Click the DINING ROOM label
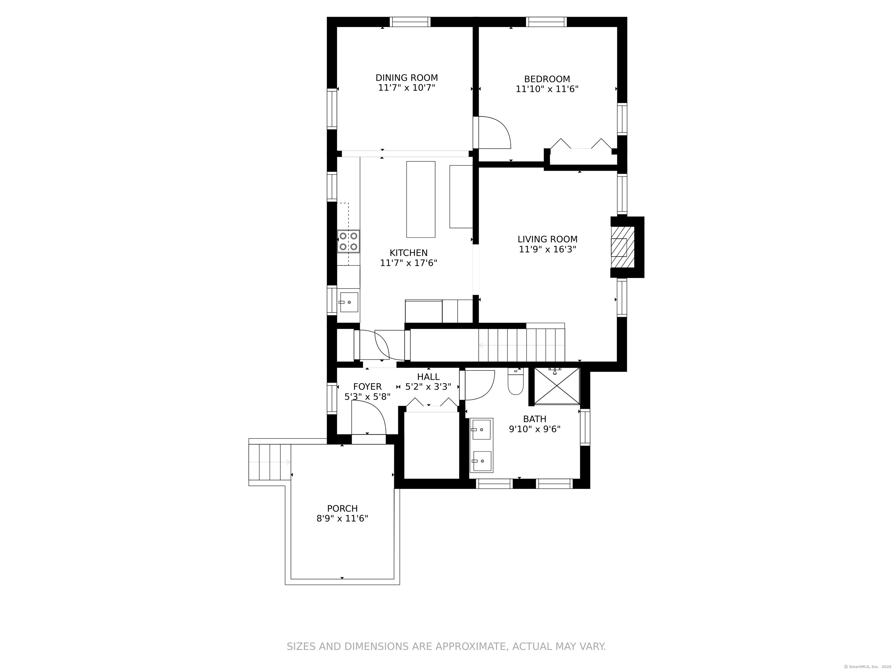tap(407, 78)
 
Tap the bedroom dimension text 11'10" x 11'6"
tap(547, 89)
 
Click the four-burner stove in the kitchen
tap(349, 241)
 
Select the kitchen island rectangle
tap(420, 199)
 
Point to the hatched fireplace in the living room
tap(622, 247)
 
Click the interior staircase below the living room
tap(521, 345)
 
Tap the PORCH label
tap(342, 508)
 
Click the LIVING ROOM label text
tap(547, 239)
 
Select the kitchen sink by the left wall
tap(349, 302)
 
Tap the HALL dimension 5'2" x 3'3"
tap(428, 386)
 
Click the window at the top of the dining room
tap(410, 22)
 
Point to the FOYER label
tap(367, 386)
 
